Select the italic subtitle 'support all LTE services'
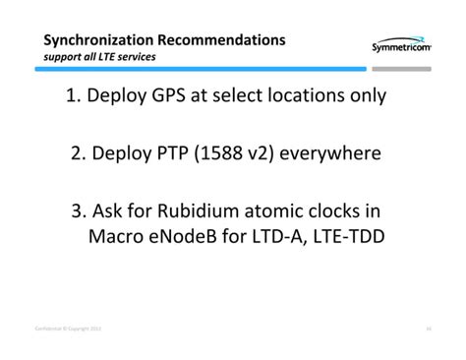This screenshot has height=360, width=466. [99, 56]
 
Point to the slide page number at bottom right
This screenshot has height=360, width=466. [430, 328]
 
